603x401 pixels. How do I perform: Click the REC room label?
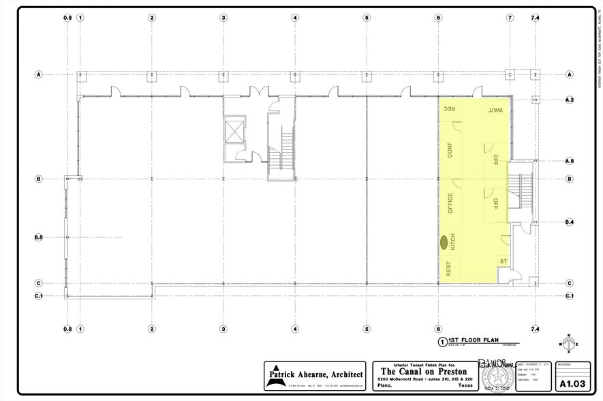(450, 110)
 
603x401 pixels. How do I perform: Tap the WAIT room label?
(495, 110)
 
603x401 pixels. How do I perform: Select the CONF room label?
(450, 149)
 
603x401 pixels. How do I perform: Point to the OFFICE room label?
(450, 203)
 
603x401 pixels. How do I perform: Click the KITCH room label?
(452, 241)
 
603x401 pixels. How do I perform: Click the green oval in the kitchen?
(444, 241)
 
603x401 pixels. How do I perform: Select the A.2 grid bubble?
(570, 100)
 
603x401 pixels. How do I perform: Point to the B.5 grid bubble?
(39, 237)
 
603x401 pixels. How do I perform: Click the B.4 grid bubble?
(570, 222)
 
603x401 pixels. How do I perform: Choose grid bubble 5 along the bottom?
(366, 329)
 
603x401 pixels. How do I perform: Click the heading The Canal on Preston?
(423, 372)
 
